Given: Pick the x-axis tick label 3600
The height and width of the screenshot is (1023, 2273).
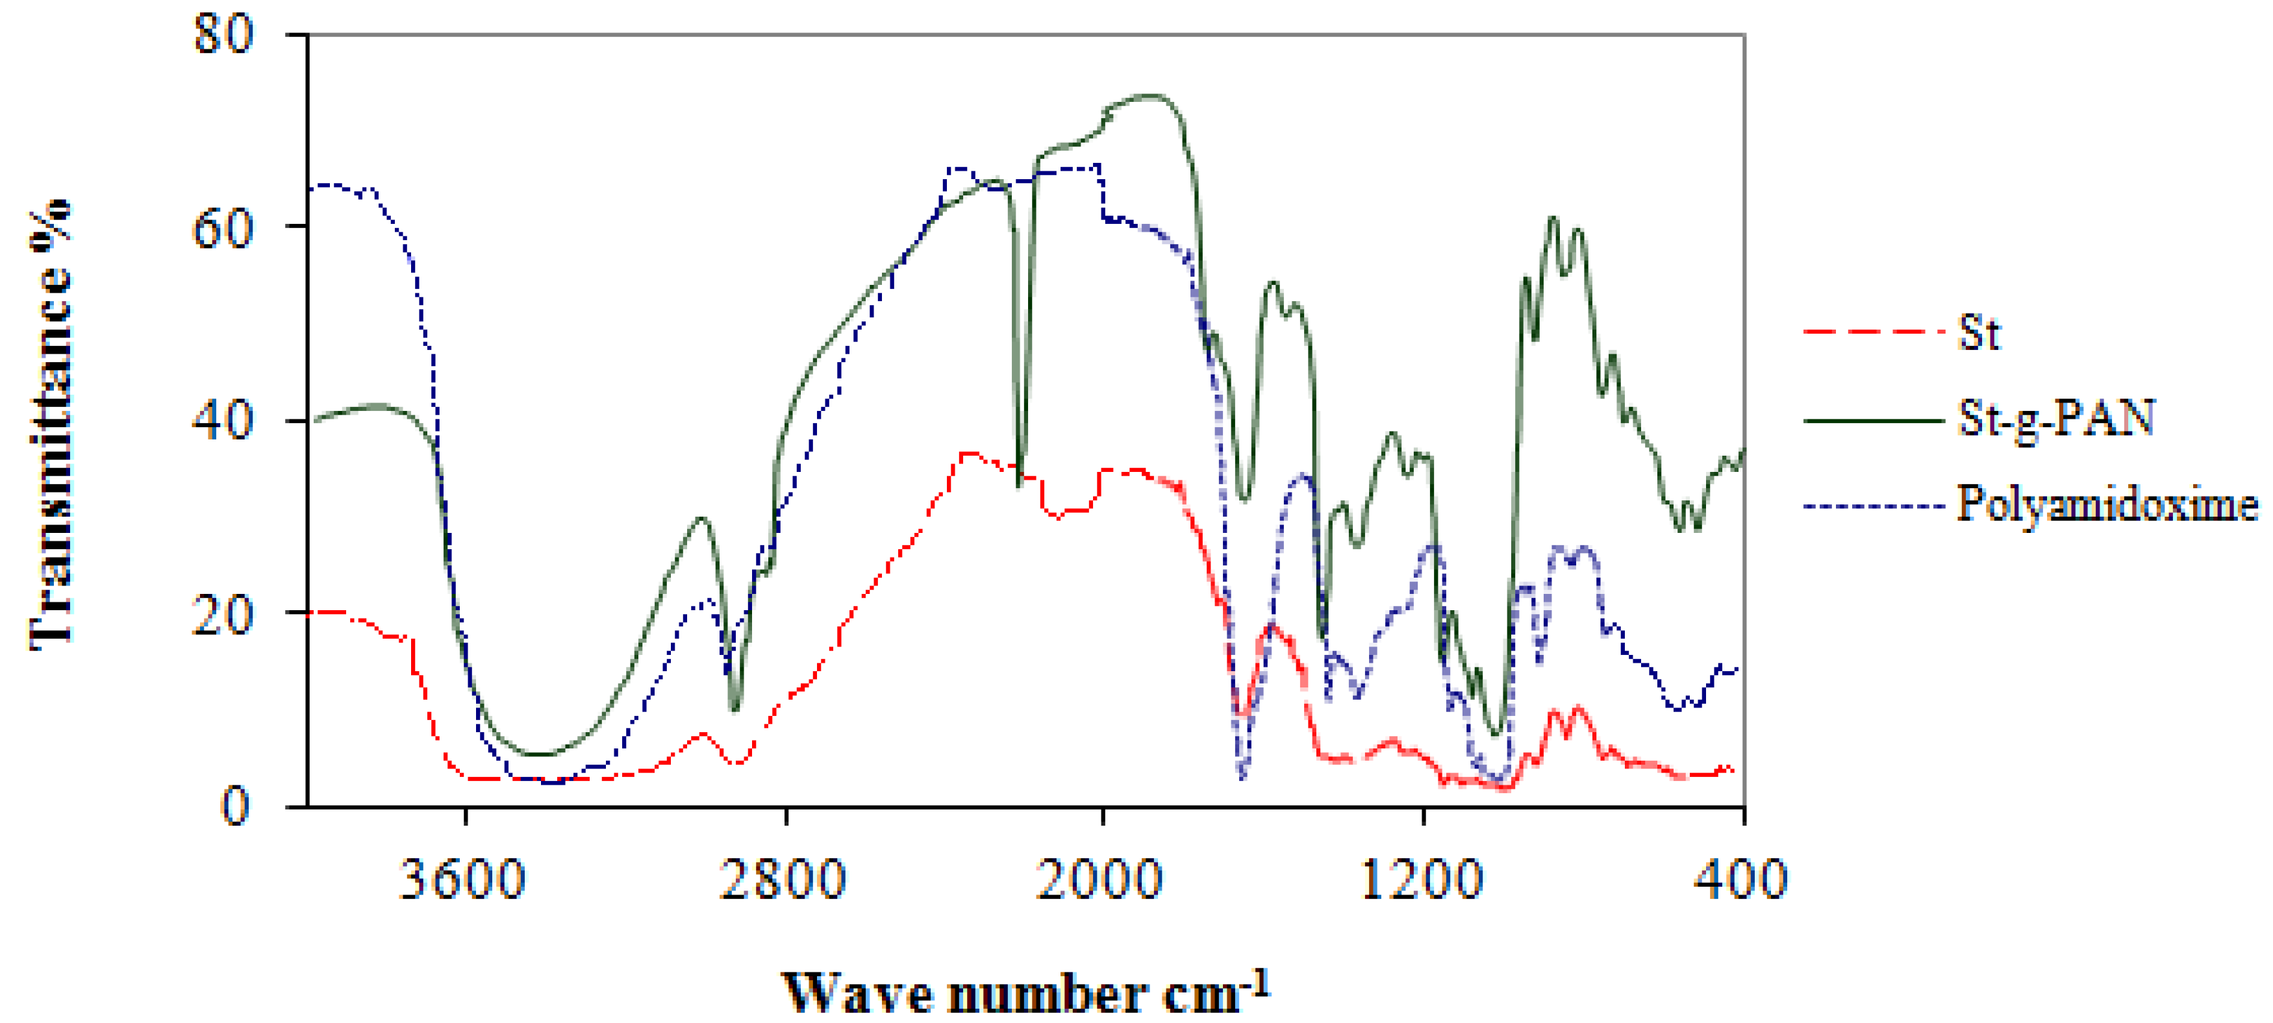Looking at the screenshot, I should coord(462,880).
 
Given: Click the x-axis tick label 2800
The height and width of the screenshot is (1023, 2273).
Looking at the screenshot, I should coord(783,880).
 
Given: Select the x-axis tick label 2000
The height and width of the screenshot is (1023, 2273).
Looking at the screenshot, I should coord(1099,880).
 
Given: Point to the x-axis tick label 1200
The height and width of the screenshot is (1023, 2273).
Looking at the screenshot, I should coord(1421,880).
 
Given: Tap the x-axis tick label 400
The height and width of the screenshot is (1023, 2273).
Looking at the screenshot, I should coord(1740,880).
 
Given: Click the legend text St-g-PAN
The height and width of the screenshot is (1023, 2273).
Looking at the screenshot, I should coord(2056,418).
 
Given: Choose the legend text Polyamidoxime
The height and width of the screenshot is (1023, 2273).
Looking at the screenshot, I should coord(2107,504).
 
